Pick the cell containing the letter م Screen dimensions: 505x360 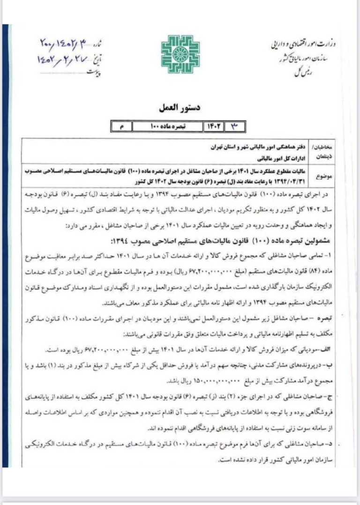tap(121, 126)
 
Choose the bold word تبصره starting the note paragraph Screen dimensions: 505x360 tap(326, 317)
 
